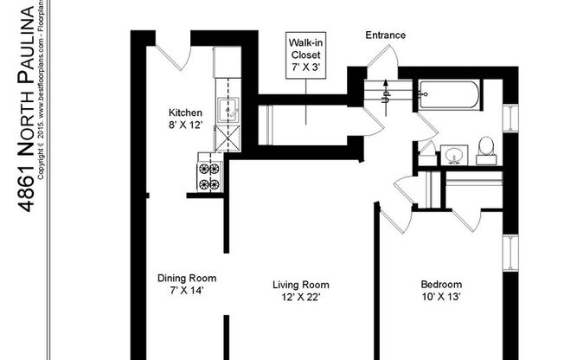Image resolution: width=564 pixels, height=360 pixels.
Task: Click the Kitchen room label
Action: click(x=185, y=112)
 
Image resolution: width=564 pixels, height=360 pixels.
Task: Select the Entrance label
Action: click(x=385, y=35)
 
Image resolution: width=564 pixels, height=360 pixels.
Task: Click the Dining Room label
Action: click(x=186, y=279)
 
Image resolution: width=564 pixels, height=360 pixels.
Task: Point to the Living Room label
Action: click(x=300, y=285)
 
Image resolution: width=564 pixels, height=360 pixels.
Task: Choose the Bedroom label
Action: click(x=441, y=285)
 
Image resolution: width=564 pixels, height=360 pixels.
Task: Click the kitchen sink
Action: click(x=229, y=110)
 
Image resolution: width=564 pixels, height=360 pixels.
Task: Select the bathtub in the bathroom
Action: click(x=447, y=95)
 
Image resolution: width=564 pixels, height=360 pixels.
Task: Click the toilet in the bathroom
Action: click(x=486, y=150)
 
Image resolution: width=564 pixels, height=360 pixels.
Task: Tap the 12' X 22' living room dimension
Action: click(x=300, y=297)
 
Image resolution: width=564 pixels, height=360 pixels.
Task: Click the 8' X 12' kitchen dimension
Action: click(x=185, y=125)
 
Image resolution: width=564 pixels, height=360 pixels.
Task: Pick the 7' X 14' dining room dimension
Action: click(x=186, y=291)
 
